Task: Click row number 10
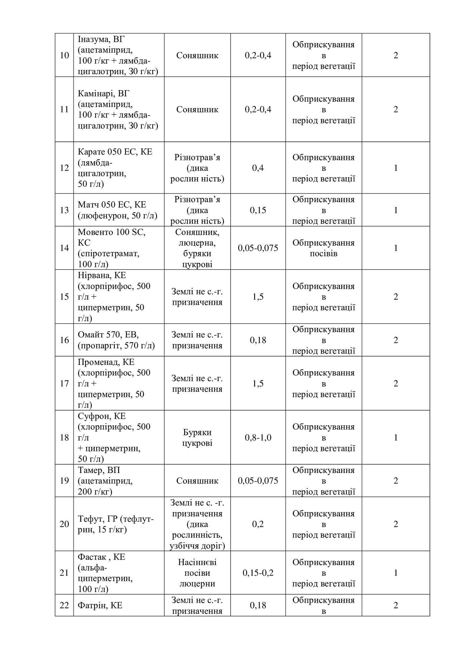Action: (x=64, y=55)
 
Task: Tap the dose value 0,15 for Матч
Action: (x=258, y=210)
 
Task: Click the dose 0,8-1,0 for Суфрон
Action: (x=258, y=438)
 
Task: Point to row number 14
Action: (x=64, y=248)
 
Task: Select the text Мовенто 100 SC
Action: (x=112, y=232)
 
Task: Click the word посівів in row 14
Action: (x=323, y=254)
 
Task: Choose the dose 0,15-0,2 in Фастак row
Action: (x=258, y=573)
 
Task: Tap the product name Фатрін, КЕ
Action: (x=100, y=605)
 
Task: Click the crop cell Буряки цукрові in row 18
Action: (x=197, y=438)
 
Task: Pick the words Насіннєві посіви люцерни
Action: (x=197, y=573)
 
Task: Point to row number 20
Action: (x=64, y=524)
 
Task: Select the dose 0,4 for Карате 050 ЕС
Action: (x=258, y=168)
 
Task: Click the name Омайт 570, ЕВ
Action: (x=108, y=335)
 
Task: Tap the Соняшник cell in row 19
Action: (x=197, y=481)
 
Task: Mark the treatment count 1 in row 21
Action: (x=396, y=573)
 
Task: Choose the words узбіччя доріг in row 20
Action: (x=197, y=546)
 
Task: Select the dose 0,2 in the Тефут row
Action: (x=258, y=524)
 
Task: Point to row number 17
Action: (x=64, y=383)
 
